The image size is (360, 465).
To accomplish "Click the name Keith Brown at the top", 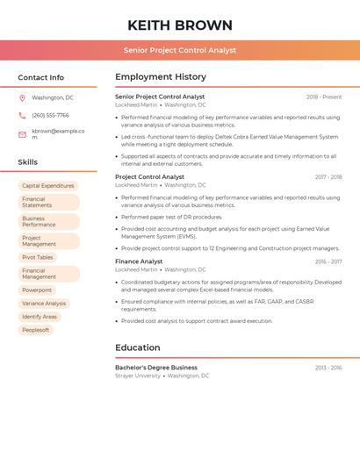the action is [180, 25].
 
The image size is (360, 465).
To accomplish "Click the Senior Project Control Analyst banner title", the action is [180, 50].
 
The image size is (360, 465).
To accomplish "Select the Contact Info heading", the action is [40, 77].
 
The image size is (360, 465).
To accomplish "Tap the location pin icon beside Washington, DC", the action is [22, 97].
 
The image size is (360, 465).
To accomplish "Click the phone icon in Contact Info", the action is [22, 115].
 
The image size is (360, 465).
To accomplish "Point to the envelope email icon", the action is [22, 134].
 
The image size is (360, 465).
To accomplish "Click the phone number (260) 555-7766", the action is [50, 115].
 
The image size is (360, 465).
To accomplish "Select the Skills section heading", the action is [27, 162].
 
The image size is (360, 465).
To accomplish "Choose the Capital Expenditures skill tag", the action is [48, 186].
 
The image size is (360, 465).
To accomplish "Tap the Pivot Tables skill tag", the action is [38, 258].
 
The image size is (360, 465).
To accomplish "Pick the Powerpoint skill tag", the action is [37, 290].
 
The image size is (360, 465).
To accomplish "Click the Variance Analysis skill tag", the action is [44, 304].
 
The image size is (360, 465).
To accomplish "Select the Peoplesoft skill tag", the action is [36, 330].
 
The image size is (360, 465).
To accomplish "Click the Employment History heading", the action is [161, 77].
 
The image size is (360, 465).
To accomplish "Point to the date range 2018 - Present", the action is [324, 97].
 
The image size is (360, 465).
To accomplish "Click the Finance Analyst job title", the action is [139, 261].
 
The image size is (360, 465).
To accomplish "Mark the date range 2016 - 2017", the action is [328, 261].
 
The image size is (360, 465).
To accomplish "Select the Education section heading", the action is [138, 347].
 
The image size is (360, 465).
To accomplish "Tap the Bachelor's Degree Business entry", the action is [156, 368].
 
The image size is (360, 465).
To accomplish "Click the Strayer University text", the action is [138, 376].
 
